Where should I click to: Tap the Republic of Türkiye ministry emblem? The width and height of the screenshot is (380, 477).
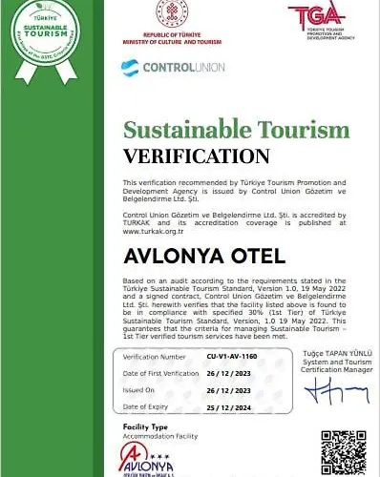click(169, 15)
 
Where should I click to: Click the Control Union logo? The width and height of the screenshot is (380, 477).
click(158, 68)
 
